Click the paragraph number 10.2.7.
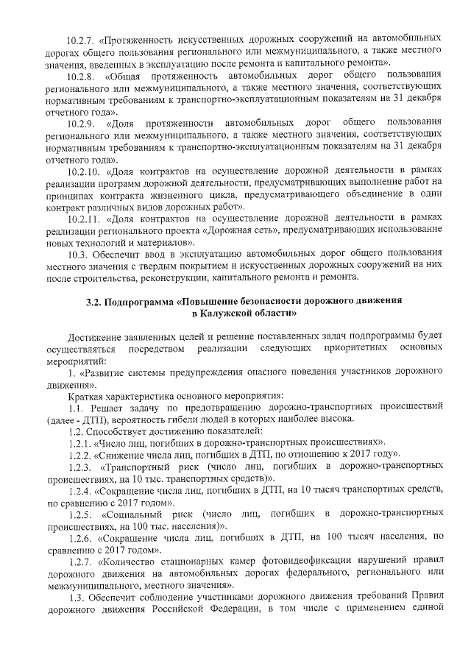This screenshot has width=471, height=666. point(82,36)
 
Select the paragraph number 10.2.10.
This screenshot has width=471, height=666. point(84,171)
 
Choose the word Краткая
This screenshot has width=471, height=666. point(85,395)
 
